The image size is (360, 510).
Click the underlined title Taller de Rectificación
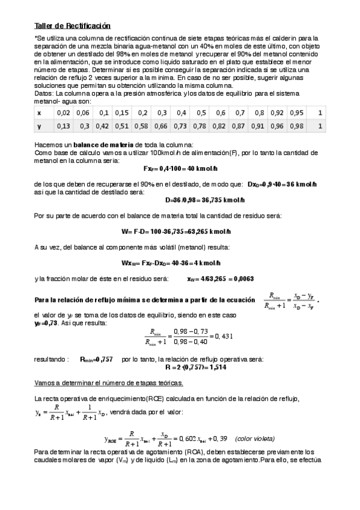[73, 26]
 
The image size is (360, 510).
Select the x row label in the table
[40, 112]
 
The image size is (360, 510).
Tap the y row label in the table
[40, 126]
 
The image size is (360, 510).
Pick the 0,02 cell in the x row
[63, 112]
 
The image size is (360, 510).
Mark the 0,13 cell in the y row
[63, 126]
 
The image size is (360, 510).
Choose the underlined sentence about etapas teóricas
[109, 382]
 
